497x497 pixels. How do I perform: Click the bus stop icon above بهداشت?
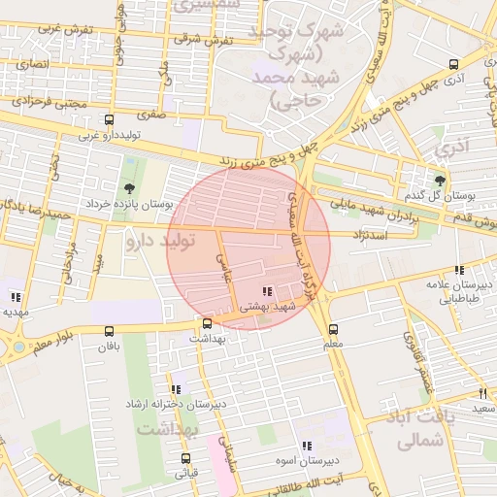(207, 323)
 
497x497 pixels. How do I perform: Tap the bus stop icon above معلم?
(334, 330)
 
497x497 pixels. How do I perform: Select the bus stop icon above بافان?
(107, 330)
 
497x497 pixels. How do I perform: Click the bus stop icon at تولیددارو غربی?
(108, 121)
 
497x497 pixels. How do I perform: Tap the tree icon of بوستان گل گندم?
(440, 180)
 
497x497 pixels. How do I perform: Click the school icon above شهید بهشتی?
(267, 291)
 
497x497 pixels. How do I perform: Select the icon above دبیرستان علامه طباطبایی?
(458, 271)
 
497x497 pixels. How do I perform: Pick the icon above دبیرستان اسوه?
(307, 446)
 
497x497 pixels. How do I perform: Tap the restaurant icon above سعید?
(482, 393)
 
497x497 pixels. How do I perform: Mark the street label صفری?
(153, 114)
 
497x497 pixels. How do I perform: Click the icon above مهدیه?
(15, 297)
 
